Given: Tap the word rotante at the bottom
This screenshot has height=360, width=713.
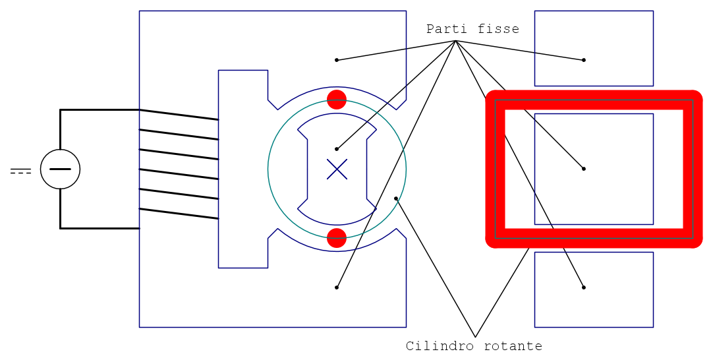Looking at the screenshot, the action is coord(513,346).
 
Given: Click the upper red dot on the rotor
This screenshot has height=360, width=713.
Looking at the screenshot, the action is coord(337,100).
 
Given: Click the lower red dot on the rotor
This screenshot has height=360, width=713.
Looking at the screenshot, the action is coord(337,238).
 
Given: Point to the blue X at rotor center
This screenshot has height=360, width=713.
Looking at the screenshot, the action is coord(337,169).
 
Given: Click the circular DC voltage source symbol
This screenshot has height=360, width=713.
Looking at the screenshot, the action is coord(60,169).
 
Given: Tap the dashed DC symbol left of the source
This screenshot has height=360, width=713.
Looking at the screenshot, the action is coord(21,171).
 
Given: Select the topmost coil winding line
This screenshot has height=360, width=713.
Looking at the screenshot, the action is coord(179,115).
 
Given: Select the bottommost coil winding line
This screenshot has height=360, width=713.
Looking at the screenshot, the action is coord(179,214).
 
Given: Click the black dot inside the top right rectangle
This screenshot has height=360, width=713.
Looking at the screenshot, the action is coord(584,60).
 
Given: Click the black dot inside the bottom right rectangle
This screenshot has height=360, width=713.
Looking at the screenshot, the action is coord(584,287).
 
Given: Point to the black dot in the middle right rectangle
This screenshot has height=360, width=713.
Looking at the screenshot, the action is coord(584,169).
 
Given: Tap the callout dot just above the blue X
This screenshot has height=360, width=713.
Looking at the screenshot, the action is coord(337,149).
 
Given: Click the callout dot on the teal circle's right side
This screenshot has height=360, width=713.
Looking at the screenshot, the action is coord(396,198).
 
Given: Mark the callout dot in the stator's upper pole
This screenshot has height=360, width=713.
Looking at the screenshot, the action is coord(337,60).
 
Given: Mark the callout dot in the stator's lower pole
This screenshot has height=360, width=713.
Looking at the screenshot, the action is coord(337,287).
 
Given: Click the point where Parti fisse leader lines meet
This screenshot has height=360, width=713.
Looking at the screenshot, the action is coord(455,41).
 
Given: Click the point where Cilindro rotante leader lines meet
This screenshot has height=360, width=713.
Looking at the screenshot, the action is coord(475,337).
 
